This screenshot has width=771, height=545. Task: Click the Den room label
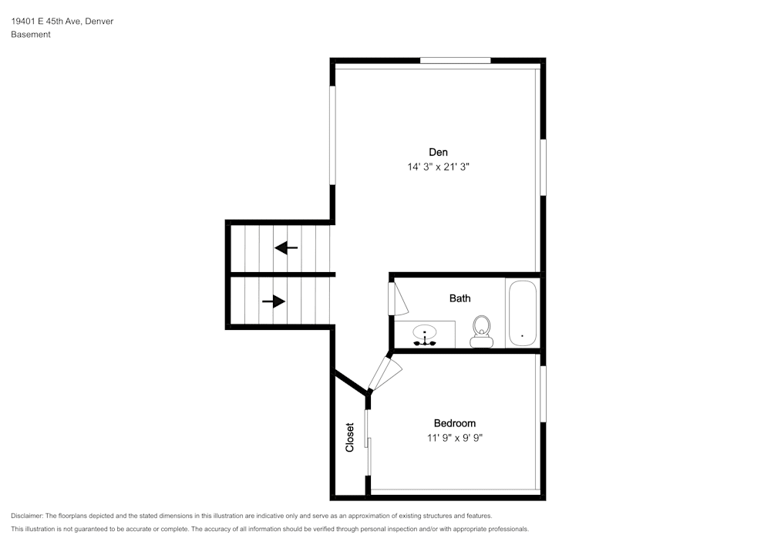438,153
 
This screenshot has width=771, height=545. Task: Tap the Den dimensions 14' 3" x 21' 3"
438,167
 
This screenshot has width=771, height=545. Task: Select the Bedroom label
455,423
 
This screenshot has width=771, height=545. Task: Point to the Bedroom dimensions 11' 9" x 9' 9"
455,437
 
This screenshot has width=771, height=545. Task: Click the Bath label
460,298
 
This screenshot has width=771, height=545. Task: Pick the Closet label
349,437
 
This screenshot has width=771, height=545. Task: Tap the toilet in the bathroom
481,331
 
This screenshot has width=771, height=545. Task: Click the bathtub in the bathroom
522,313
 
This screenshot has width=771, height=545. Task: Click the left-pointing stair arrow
286,247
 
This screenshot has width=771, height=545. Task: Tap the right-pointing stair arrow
274,301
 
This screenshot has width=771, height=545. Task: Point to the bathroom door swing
399,299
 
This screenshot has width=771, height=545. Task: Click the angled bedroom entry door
385,374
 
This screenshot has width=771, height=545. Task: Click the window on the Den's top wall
456,60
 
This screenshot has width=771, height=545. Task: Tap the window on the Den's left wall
332,136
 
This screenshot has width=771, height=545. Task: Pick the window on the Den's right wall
544,167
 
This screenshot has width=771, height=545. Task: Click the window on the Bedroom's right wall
544,394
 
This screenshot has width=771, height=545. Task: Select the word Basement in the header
31,35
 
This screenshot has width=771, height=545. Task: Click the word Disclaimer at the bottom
26,516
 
